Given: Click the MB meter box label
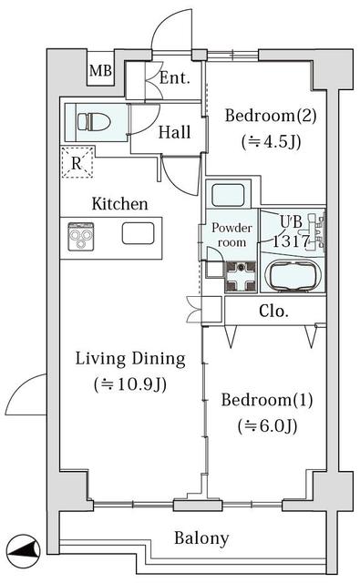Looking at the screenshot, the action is (x=100, y=70).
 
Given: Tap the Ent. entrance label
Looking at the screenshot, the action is (x=175, y=77).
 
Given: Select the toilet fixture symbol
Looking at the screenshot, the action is (x=94, y=121).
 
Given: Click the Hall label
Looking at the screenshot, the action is (x=174, y=132).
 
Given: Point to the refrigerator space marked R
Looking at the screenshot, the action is (x=77, y=162).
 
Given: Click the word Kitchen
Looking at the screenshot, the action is (x=119, y=204).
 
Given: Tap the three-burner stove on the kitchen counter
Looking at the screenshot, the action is (x=81, y=237).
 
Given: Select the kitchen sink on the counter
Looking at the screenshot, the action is (x=138, y=233).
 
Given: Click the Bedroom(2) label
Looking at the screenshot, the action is (x=271, y=116).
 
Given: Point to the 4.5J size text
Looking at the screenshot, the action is (x=271, y=142).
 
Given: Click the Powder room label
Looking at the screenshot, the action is (x=231, y=235).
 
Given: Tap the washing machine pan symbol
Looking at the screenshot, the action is (x=241, y=276).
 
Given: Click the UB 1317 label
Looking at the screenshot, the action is (x=292, y=231).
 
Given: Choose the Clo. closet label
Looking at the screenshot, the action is (x=273, y=311).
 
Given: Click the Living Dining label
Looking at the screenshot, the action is (x=130, y=359).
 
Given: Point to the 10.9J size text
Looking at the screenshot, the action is (x=130, y=384).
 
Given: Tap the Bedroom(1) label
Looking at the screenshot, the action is (x=267, y=400).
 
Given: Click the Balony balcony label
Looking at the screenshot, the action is (x=201, y=538).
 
